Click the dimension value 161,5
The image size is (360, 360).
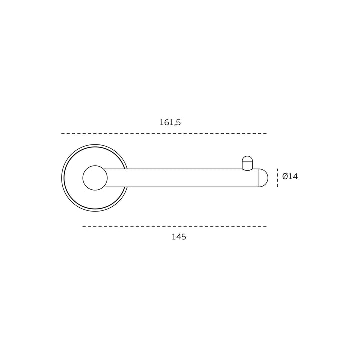(170, 123)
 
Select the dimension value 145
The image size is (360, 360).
(179, 237)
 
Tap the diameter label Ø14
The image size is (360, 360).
(290, 177)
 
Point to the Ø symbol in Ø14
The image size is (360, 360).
(285, 177)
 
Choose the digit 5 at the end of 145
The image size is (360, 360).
(184, 237)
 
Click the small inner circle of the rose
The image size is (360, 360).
(95, 178)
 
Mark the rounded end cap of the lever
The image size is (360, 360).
(264, 178)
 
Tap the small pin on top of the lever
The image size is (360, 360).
(247, 163)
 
